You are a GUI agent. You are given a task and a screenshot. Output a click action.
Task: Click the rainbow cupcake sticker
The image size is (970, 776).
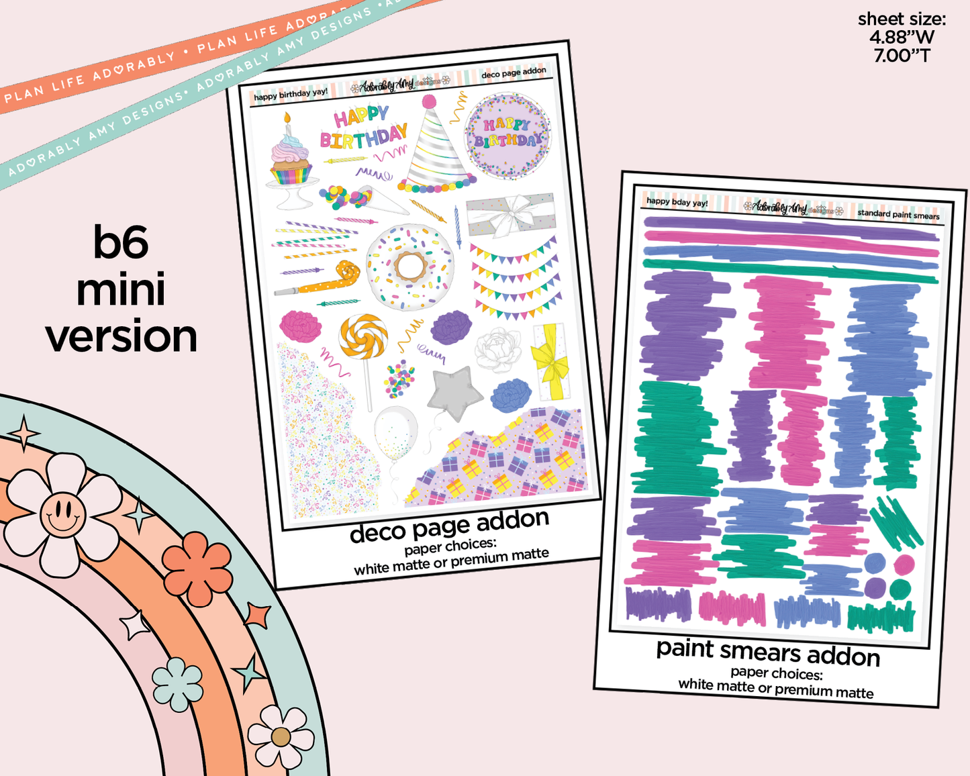coord(291,161)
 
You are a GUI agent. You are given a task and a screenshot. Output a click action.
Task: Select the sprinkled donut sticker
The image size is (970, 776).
coord(409,266)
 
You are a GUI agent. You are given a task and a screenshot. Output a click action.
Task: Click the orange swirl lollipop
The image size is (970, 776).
coord(363,337)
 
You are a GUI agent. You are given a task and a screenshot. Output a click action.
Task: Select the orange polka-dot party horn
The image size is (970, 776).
coord(332,278)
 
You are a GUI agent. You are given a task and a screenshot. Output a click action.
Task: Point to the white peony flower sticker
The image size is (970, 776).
coord(498,350)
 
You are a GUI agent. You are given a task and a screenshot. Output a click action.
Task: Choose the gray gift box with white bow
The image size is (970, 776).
coord(512,215)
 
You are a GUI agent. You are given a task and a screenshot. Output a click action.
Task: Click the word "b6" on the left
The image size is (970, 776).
coord(121,242)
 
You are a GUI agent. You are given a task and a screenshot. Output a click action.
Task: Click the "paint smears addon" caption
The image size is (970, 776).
coord(768,651)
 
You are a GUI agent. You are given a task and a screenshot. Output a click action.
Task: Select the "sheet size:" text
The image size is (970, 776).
coord(902,19)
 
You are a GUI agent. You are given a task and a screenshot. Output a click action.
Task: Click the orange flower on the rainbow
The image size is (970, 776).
coord(197,567)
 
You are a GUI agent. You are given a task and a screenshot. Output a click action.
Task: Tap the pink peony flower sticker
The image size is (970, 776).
coord(299,325)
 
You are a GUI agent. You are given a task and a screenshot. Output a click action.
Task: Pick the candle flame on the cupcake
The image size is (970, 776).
coord(287,118)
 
